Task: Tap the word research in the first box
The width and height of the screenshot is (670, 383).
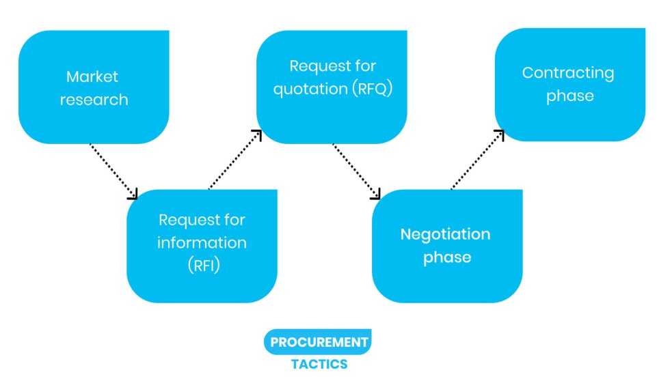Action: (x=93, y=100)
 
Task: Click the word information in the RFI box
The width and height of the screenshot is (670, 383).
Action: (x=202, y=243)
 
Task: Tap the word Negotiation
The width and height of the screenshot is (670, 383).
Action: (x=445, y=235)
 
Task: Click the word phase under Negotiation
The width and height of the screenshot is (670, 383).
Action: (x=446, y=258)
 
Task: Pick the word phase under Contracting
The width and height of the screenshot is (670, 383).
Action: (x=569, y=96)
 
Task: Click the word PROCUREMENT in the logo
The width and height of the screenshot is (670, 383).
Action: (x=319, y=342)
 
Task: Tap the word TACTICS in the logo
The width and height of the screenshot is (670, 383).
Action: (x=319, y=364)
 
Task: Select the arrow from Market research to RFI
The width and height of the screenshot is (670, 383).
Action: (x=113, y=170)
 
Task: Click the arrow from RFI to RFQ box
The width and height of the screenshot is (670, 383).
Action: (x=234, y=160)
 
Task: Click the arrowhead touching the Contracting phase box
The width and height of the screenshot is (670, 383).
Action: (x=500, y=134)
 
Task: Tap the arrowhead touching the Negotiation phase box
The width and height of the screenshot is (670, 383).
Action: (x=376, y=195)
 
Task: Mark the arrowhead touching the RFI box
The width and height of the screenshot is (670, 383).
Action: (x=133, y=195)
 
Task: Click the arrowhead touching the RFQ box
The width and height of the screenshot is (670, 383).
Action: (x=257, y=134)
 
